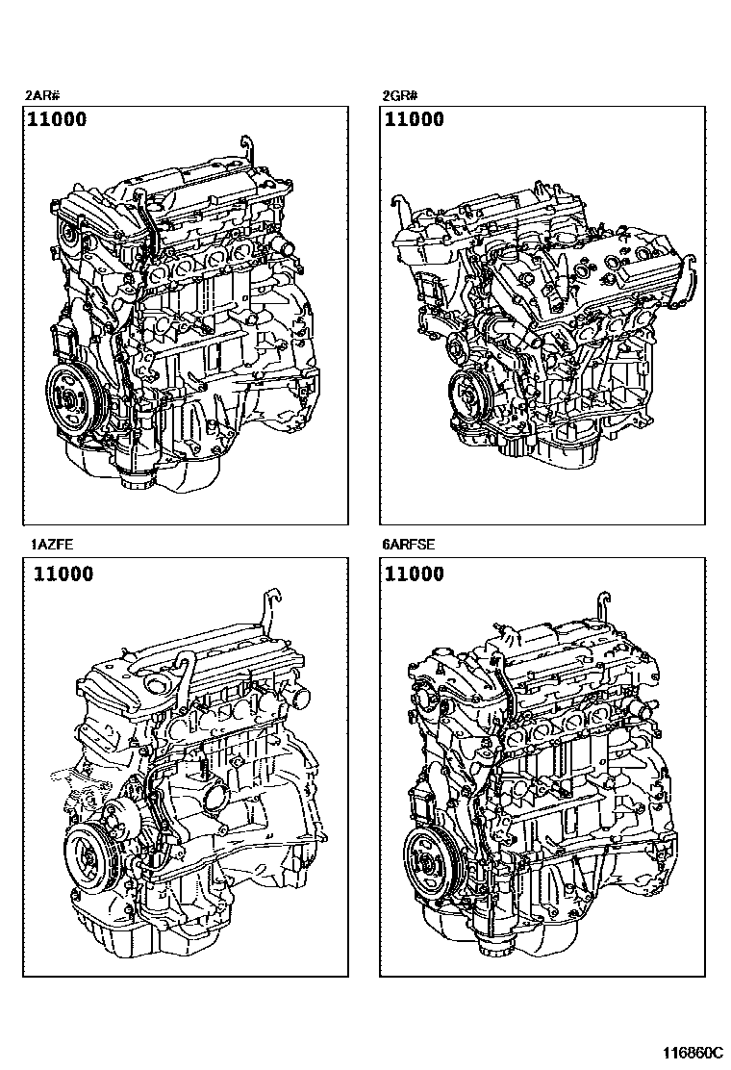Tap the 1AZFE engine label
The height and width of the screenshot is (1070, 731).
coord(52,545)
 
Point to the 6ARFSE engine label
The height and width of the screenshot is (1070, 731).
coord(409,545)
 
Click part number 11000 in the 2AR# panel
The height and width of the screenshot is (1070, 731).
coord(58,119)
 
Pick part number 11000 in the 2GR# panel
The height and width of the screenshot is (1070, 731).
coord(415,119)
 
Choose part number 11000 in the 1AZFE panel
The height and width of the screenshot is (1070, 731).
coord(63,573)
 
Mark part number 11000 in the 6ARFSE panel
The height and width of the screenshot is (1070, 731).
coord(415,573)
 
